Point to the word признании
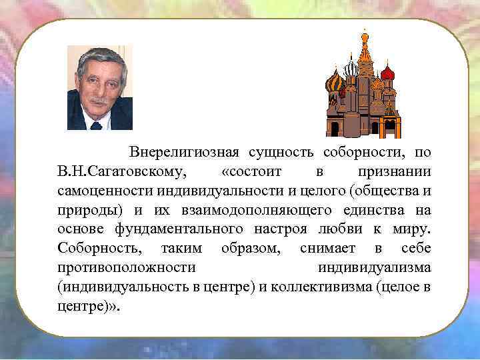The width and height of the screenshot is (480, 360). point(394,172)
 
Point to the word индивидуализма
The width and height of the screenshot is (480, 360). point(374,269)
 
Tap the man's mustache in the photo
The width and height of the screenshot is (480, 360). point(99,101)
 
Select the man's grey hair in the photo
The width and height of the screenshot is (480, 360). point(101,57)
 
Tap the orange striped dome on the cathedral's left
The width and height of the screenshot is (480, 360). point(334,83)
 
